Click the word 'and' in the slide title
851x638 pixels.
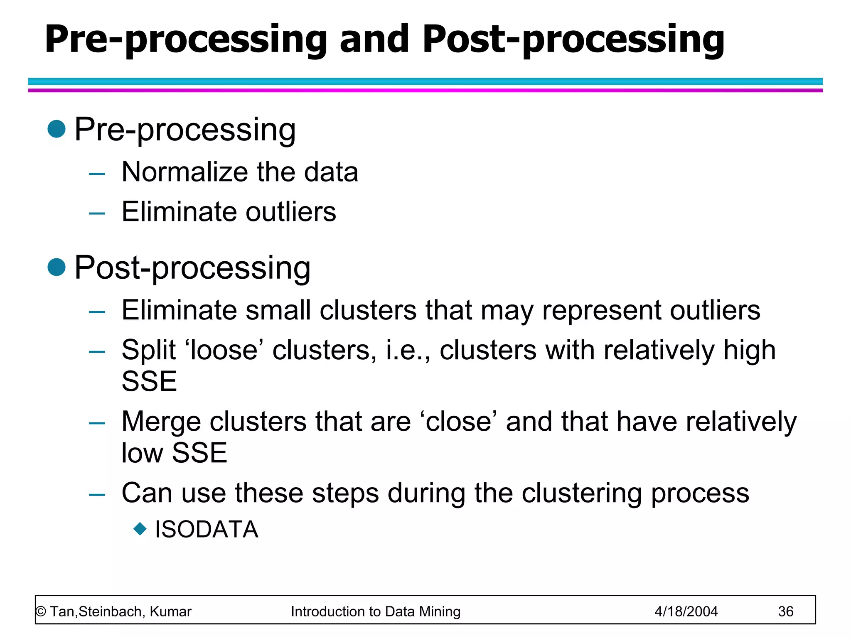(x=374, y=39)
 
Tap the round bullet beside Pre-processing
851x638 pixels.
(x=57, y=129)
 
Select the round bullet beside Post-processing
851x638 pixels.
(x=57, y=267)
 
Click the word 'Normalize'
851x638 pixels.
(x=184, y=172)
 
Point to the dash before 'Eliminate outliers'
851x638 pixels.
(x=97, y=213)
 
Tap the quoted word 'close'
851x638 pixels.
(x=459, y=422)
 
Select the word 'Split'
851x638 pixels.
(x=148, y=350)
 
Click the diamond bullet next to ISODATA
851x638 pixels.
(x=140, y=529)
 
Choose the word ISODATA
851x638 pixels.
(x=207, y=530)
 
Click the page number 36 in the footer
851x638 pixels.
(x=785, y=611)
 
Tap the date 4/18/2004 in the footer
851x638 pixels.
(x=686, y=611)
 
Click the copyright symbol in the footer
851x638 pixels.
(x=41, y=612)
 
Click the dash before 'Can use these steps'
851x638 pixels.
(x=97, y=495)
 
